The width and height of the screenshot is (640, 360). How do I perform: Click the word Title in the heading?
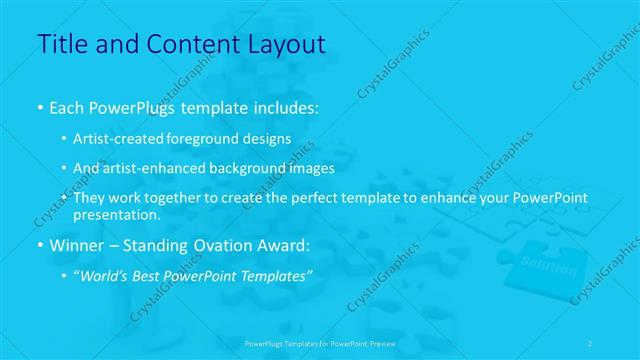coord(62,44)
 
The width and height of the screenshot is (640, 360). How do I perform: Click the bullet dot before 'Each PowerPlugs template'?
coord(39,105)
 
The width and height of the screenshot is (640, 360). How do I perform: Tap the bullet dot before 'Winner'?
coord(39,244)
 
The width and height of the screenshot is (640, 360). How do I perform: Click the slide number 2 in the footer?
coord(590,343)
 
